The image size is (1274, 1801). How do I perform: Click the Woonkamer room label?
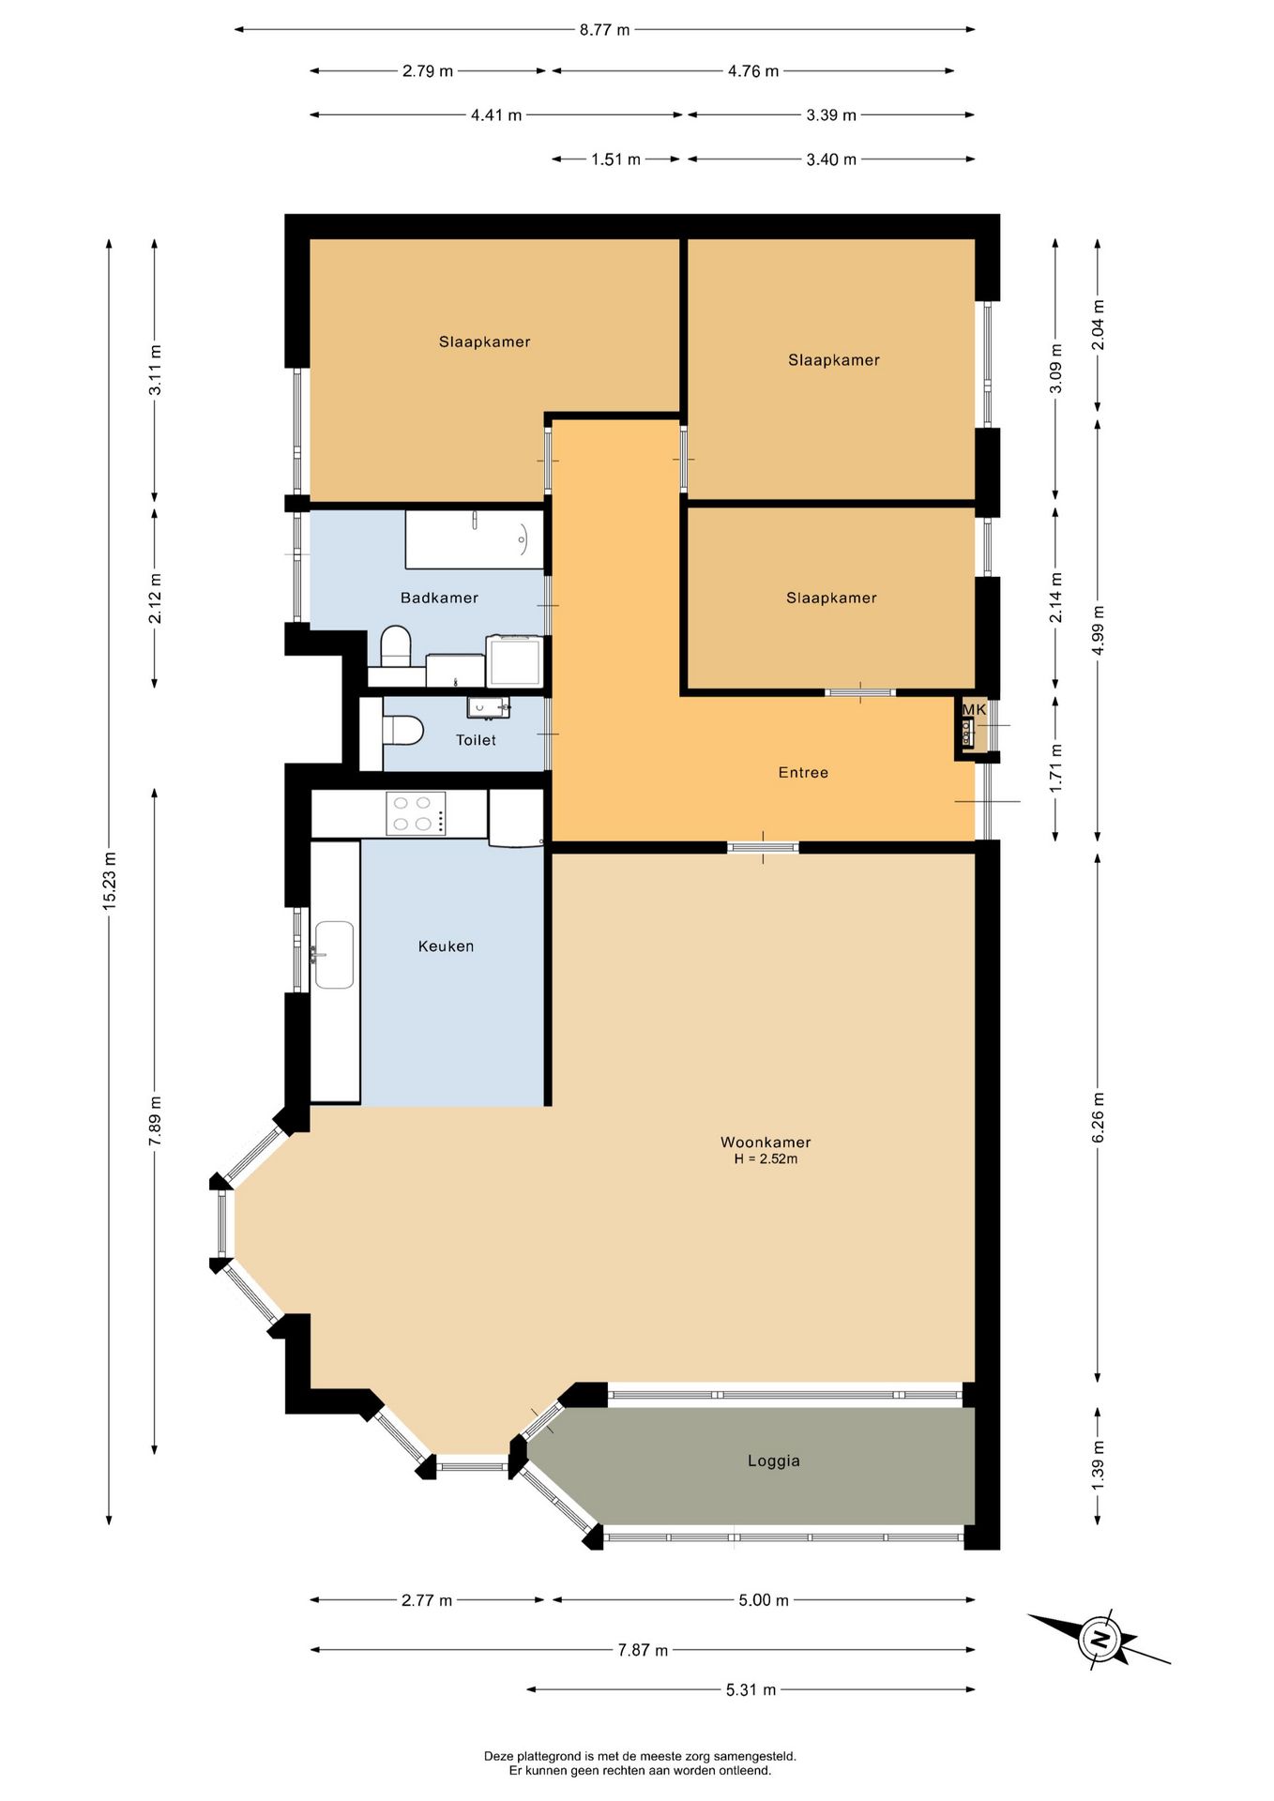click(x=766, y=1142)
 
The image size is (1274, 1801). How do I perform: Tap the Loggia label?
click(x=774, y=1460)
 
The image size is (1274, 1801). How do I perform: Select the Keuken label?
click(x=446, y=946)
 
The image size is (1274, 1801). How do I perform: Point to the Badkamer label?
click(x=439, y=598)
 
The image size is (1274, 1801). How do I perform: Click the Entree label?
click(x=803, y=772)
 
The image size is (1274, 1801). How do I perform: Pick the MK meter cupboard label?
click(x=974, y=709)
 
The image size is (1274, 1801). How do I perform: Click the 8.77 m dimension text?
click(x=604, y=30)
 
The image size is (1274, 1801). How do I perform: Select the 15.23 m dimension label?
click(x=110, y=880)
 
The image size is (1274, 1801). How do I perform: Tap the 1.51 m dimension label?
click(x=615, y=159)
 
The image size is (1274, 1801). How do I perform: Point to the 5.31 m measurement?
click(x=751, y=1689)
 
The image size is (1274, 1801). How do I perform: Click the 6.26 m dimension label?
click(x=1098, y=1117)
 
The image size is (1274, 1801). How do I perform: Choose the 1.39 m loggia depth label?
click(x=1098, y=1464)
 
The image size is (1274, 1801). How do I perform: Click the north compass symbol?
click(x=1099, y=1639)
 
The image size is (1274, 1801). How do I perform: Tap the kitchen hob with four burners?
click(x=416, y=813)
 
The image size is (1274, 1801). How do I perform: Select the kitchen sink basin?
click(x=334, y=955)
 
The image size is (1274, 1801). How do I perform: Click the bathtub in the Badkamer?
click(x=475, y=539)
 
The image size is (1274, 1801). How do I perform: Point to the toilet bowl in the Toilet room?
click(x=402, y=731)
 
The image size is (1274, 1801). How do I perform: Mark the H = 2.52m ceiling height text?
click(x=766, y=1159)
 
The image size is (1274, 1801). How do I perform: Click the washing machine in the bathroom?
click(x=514, y=660)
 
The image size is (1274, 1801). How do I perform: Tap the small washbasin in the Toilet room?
click(x=488, y=707)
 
